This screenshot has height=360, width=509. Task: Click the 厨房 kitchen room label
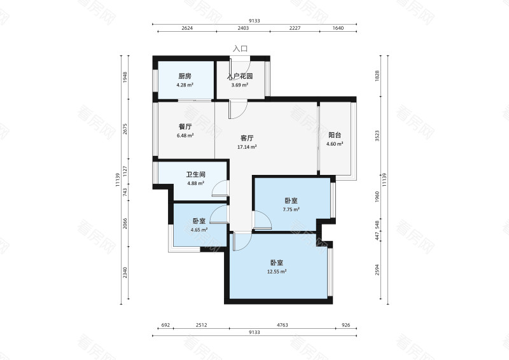[185, 76]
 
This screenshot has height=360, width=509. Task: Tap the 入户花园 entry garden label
[241, 76]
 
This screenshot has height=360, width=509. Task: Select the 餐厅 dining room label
[185, 126]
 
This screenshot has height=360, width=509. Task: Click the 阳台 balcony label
[335, 135]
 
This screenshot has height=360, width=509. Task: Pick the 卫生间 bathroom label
[195, 175]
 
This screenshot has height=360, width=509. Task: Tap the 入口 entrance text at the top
[240, 48]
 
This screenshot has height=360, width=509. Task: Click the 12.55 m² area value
[276, 272]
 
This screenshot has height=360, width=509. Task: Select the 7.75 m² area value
[291, 209]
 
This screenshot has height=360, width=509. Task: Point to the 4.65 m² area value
[200, 230]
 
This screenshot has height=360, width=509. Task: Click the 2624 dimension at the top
[187, 28]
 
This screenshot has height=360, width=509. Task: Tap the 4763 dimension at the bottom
[282, 326]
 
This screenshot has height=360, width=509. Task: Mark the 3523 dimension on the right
[377, 135]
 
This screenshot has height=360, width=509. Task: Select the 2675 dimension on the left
[125, 130]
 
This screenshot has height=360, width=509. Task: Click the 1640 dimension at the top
[338, 28]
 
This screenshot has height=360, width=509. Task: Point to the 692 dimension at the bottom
[165, 326]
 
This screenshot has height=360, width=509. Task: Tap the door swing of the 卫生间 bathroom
[220, 188]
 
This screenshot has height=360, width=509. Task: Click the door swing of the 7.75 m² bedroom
[261, 220]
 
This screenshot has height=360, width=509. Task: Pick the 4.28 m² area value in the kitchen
[185, 85]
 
